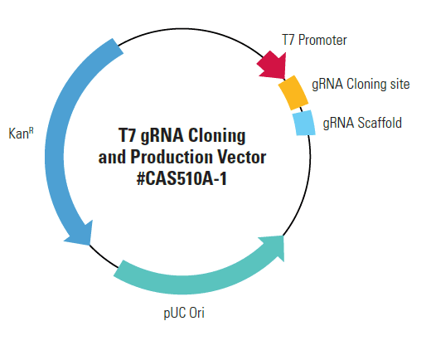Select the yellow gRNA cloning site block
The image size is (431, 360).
click(x=293, y=93)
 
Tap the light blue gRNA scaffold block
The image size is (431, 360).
click(x=304, y=123)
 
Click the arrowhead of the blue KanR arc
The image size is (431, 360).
click(x=80, y=234)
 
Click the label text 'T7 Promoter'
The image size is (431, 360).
click(x=314, y=40)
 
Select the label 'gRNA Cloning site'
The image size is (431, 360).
click(x=361, y=84)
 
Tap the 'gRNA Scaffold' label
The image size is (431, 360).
click(x=362, y=123)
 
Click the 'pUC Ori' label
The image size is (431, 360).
click(x=184, y=314)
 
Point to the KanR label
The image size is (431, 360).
click(x=21, y=133)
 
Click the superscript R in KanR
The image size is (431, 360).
click(x=31, y=130)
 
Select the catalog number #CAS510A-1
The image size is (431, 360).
click(x=182, y=178)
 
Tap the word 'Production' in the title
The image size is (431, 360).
click(x=172, y=157)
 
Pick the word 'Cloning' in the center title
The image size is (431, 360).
click(x=217, y=136)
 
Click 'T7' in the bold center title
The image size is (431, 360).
click(x=128, y=135)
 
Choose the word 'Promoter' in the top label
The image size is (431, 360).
click(x=322, y=40)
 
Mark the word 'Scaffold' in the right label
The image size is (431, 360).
click(x=380, y=123)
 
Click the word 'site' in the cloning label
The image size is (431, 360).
click(x=400, y=84)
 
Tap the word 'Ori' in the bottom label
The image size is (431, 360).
click(x=196, y=313)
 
